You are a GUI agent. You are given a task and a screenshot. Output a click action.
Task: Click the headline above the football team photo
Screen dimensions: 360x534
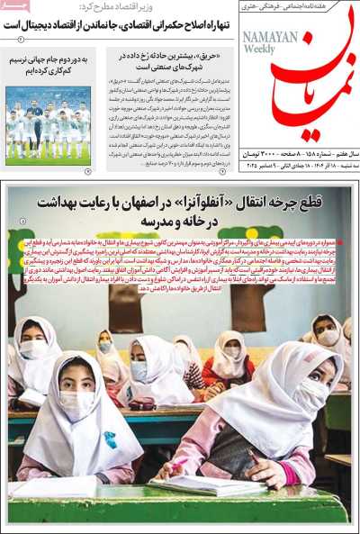(x=49, y=65)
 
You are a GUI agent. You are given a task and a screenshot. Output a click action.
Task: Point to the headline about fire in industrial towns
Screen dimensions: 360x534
(x=167, y=60)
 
